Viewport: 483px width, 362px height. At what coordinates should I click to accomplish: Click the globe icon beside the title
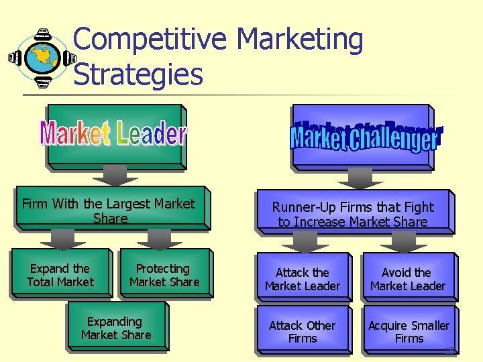[x=41, y=58]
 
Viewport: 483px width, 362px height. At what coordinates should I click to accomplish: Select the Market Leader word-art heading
[x=113, y=134]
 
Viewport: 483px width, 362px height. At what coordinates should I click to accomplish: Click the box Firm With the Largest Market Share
[x=109, y=210]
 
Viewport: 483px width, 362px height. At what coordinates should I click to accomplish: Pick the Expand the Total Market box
[x=60, y=276]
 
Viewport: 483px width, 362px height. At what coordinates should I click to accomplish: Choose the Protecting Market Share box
[x=164, y=276]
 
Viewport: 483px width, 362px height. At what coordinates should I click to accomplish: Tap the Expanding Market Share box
[x=116, y=328]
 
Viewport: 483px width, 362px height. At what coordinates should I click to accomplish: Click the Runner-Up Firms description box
[x=352, y=215]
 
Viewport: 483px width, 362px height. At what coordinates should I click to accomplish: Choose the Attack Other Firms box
[x=303, y=332]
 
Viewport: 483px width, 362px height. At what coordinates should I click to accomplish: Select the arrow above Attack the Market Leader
[x=305, y=242]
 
